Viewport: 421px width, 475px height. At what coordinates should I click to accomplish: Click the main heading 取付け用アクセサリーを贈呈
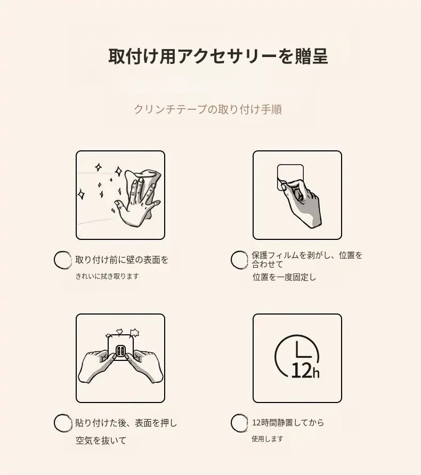(218, 56)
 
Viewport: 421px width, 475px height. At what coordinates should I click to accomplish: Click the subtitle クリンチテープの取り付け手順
(208, 109)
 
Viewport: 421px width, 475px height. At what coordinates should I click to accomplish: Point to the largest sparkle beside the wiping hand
(118, 172)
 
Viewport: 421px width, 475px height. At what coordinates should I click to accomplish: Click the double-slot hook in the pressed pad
(120, 351)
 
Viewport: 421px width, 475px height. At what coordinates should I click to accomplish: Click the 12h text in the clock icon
(305, 370)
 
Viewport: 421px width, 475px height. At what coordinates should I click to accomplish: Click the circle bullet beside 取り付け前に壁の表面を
(63, 260)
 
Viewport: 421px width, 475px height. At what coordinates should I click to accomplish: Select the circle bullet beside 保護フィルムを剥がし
(239, 260)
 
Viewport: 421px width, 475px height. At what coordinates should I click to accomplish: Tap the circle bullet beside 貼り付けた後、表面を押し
(63, 423)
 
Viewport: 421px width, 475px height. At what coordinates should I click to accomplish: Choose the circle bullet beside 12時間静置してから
(239, 423)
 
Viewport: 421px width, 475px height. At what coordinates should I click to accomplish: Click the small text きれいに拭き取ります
(107, 276)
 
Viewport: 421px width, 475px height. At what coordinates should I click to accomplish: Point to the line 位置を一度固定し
(284, 277)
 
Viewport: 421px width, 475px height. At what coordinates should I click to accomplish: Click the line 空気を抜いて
(101, 440)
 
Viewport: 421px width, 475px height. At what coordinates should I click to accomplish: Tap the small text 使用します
(268, 439)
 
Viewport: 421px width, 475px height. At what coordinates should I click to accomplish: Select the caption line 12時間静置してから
(288, 422)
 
